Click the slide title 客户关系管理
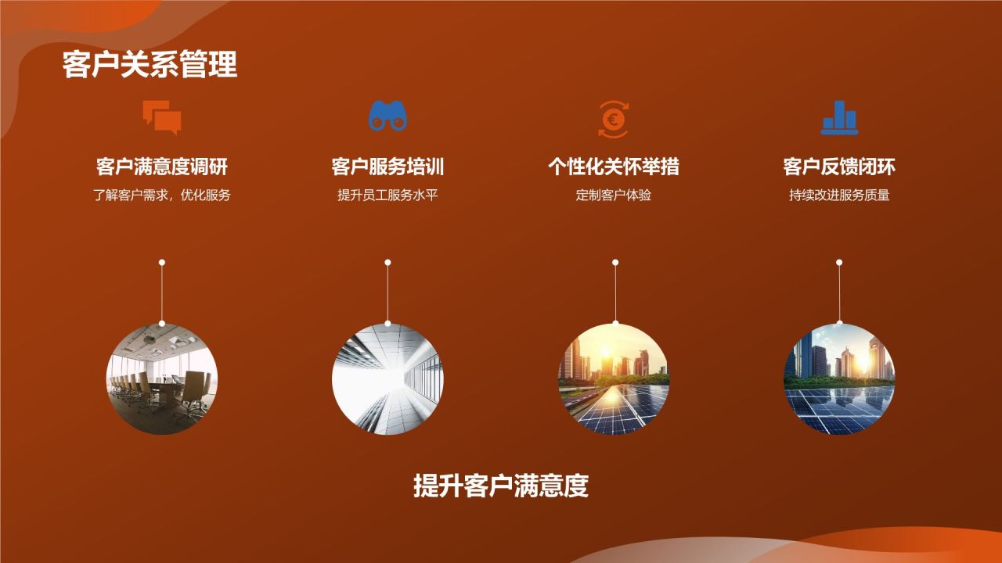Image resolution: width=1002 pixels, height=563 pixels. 150,65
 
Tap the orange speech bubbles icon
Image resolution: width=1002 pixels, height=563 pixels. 162,117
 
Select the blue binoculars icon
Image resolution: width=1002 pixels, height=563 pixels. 387,117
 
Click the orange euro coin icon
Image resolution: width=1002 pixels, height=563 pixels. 613,119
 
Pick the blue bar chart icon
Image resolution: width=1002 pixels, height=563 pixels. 839,117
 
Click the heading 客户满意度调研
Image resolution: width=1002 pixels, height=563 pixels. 162,167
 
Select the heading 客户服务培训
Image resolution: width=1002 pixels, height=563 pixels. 387,167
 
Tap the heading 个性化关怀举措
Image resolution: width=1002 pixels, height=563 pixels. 613,167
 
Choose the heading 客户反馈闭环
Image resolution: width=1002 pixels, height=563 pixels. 839,167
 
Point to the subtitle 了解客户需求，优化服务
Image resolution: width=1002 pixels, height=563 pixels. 162,195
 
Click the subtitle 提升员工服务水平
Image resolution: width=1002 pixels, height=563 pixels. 387,195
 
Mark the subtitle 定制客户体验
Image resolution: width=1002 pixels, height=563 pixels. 613,195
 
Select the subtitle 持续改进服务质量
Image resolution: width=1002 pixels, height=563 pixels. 839,195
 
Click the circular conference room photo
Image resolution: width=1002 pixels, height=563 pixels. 162,379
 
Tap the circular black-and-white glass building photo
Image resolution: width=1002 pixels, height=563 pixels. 387,379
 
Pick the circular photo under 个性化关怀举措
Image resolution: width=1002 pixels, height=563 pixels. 614,379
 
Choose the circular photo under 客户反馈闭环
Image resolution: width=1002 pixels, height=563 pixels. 839,379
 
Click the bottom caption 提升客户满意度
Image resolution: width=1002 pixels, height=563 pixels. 501,486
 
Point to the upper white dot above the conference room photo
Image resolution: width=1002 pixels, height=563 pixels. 162,263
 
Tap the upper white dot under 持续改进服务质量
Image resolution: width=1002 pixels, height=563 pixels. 839,263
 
